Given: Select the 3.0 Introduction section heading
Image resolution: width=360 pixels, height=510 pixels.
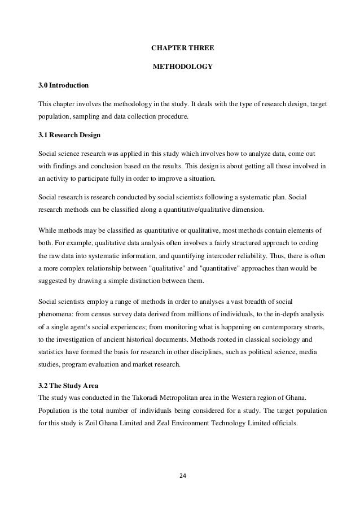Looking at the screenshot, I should pos(63,86).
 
